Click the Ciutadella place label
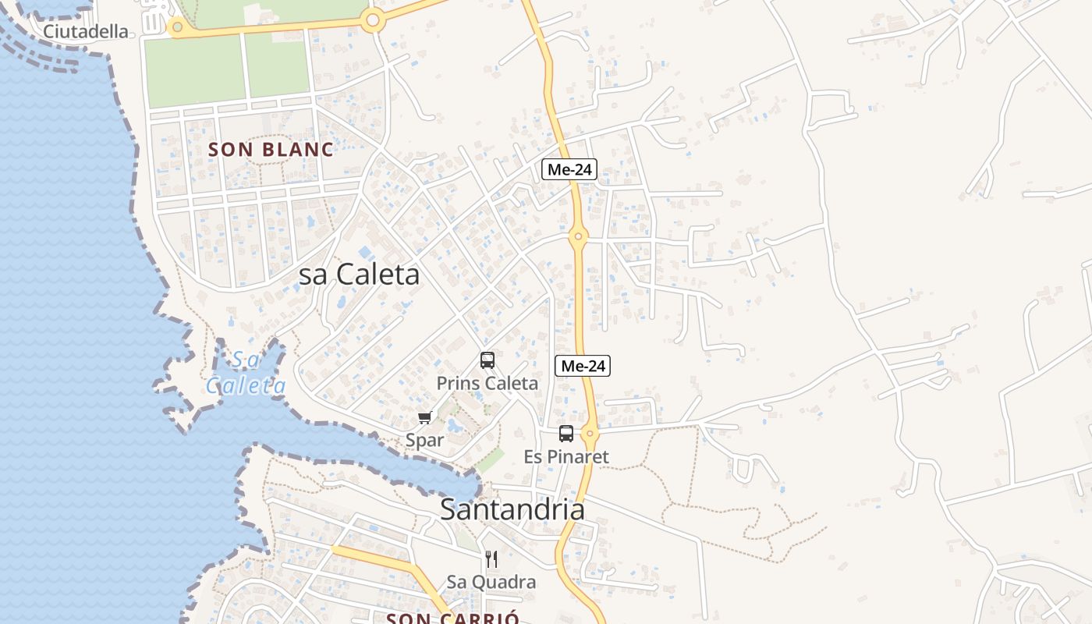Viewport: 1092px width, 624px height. pos(85,31)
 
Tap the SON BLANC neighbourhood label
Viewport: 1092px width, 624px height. pos(271,150)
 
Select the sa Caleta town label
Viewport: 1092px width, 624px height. pos(360,274)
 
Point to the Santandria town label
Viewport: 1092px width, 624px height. pos(512,509)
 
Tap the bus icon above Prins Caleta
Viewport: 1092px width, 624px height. pos(487,360)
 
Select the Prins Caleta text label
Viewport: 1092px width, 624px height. pos(487,383)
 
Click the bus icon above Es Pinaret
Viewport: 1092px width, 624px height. pos(566,434)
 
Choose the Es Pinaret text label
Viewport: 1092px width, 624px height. pos(566,456)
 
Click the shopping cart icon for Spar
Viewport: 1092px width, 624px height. pos(425,418)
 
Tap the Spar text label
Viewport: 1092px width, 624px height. pos(425,440)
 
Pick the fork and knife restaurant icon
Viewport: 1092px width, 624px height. pos(491,559)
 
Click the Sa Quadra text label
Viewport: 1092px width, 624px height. pos(491,582)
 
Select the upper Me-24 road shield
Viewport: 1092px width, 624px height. pos(569,169)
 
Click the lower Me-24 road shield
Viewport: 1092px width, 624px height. pos(583,365)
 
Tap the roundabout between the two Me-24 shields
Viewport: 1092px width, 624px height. pos(578,236)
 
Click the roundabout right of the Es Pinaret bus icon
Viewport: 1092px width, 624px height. pos(590,433)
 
